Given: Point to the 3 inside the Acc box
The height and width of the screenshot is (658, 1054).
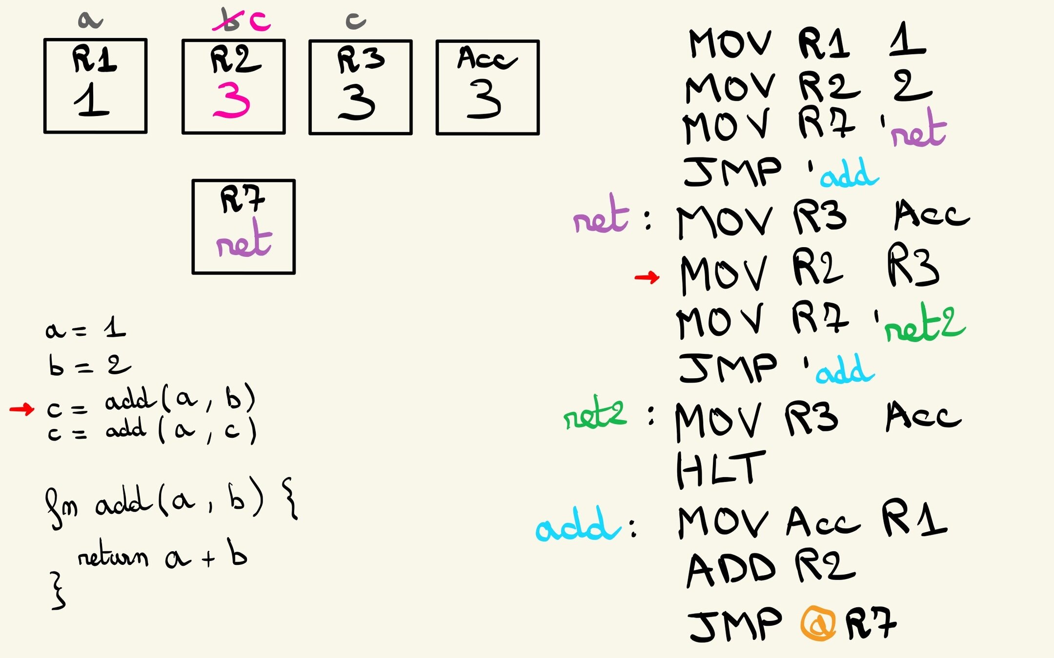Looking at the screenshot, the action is point(484,100).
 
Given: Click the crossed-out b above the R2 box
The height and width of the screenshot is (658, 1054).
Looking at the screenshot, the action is point(227,21).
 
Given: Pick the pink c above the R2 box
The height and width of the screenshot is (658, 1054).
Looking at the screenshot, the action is point(259,21).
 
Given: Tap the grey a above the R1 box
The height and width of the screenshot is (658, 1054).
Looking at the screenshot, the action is point(90,20).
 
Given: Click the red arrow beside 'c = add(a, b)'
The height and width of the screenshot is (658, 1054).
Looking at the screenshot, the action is point(22,409).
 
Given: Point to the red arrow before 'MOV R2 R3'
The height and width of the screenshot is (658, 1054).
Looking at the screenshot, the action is point(647,278).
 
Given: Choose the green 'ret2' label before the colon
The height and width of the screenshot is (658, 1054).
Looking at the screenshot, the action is point(594,417).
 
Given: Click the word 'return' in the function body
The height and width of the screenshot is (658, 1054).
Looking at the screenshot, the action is point(113,555).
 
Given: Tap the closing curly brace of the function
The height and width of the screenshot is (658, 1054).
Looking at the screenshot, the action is point(58,591).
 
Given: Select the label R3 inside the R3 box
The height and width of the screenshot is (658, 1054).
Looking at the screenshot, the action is point(361,59).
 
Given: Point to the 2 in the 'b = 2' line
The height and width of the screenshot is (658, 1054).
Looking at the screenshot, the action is point(119,364).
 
